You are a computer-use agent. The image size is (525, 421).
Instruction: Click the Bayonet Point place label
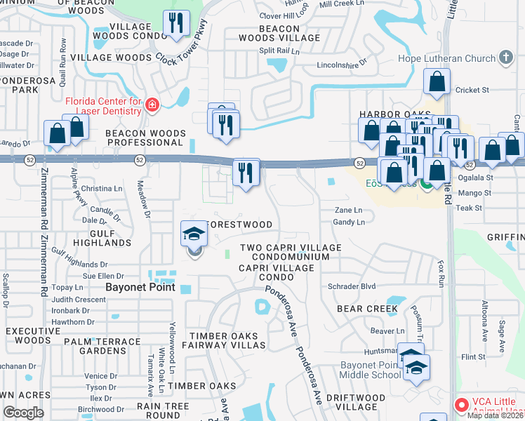pyautogui.click(x=134, y=288)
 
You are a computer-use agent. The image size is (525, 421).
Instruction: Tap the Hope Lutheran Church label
pyautogui.click(x=446, y=59)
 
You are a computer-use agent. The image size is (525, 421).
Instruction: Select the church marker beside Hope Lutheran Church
pyautogui.click(x=506, y=60)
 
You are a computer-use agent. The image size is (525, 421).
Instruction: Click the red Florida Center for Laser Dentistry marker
pyautogui.click(x=152, y=107)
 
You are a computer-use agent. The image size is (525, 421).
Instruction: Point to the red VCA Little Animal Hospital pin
pyautogui.click(x=461, y=405)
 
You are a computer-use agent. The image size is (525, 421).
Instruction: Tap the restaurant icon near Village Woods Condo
pyautogui.click(x=175, y=24)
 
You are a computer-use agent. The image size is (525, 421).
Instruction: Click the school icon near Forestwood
pyautogui.click(x=194, y=235)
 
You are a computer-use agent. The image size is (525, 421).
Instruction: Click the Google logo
pyautogui.click(x=23, y=413)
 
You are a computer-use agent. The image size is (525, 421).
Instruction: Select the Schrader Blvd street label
pyautogui.click(x=352, y=286)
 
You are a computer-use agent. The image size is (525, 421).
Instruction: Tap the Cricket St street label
pyautogui.click(x=472, y=90)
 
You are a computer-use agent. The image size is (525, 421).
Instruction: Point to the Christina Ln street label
pyautogui.click(x=102, y=189)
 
